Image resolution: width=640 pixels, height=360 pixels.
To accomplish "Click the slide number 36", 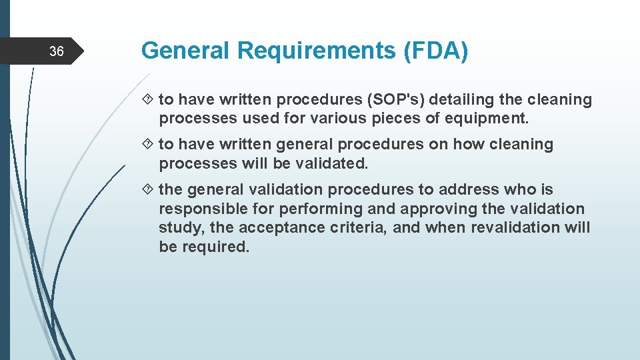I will point(57,51).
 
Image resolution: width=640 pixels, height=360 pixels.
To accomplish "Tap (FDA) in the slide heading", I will point(435,51).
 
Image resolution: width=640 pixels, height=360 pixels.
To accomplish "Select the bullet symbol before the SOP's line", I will point(149,100).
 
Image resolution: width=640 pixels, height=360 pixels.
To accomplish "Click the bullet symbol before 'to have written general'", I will point(149,145).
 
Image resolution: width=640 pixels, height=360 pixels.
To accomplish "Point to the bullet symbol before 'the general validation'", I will point(149,190).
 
